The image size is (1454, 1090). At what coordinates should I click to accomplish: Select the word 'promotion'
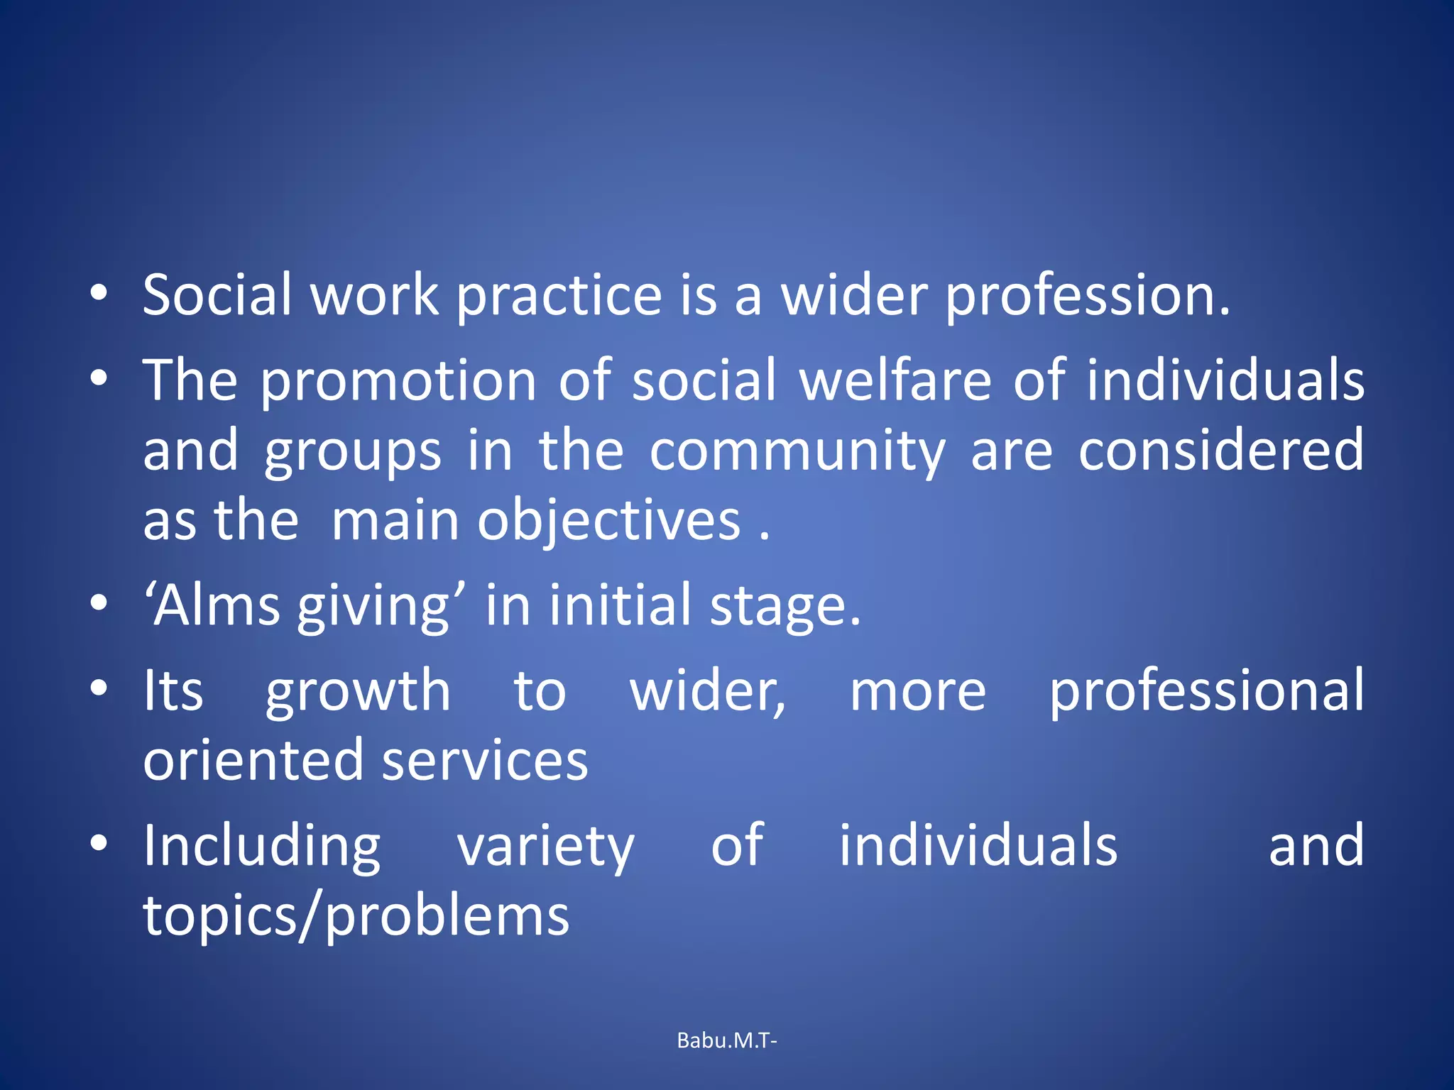pos(398,382)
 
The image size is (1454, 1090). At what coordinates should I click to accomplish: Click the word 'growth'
pos(359,692)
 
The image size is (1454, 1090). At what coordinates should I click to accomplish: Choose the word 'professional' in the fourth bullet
pos(1206,692)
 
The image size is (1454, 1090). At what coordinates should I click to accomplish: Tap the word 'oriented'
pos(253,760)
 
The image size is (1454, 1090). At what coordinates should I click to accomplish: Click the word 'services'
pos(486,760)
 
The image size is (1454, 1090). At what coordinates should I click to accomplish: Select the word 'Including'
pos(262,847)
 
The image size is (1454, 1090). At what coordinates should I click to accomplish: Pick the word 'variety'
pos(545,847)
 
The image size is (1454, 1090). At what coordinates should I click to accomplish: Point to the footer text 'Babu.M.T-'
pos(727,1040)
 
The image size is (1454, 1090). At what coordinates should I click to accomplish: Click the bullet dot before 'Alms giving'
pos(99,604)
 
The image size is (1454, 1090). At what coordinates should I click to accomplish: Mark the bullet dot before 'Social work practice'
pos(99,293)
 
